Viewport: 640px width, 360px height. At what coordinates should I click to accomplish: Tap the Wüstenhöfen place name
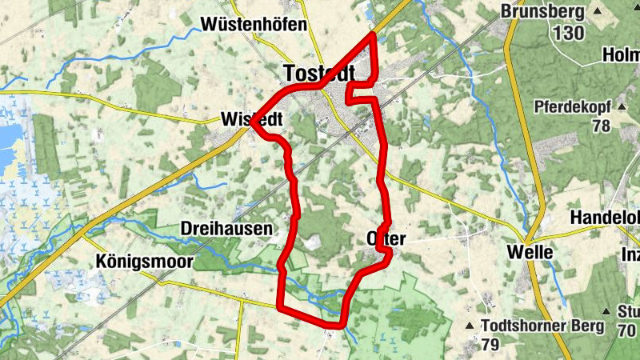click(x=254, y=24)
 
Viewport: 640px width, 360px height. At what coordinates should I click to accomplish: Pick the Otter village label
click(x=386, y=239)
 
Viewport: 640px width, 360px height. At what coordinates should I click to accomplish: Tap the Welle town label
click(x=530, y=252)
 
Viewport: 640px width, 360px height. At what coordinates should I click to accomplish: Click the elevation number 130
click(x=568, y=33)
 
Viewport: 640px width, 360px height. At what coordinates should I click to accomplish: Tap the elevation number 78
click(x=601, y=126)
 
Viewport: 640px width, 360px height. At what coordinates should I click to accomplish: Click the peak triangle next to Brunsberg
click(x=598, y=11)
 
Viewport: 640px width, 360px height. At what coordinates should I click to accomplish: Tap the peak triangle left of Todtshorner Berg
click(x=470, y=326)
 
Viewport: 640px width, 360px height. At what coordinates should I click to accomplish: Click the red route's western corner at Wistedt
click(x=252, y=123)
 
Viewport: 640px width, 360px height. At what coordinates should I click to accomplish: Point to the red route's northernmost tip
click(x=374, y=34)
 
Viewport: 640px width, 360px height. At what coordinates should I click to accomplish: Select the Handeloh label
click(x=604, y=218)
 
